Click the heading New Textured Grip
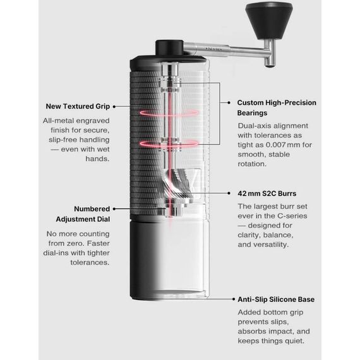(76, 106)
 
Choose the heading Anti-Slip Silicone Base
(276, 299)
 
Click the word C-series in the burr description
(291, 216)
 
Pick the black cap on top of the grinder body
(169, 49)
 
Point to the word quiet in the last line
(291, 341)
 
